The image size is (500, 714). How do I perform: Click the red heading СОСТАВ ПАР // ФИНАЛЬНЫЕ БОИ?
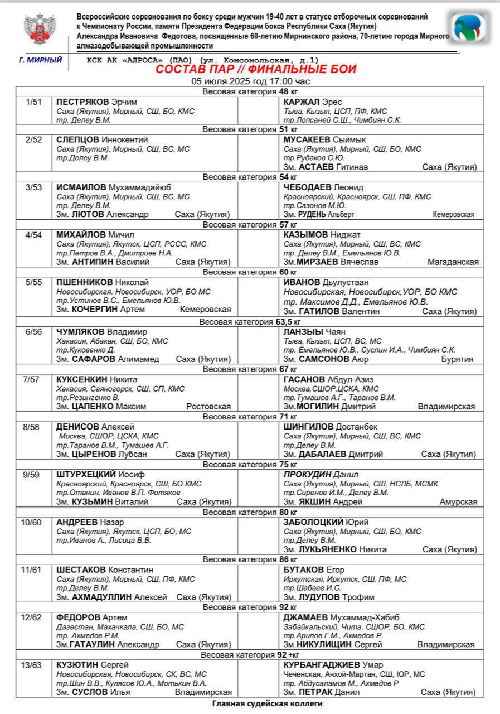256,70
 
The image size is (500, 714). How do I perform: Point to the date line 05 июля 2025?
250,81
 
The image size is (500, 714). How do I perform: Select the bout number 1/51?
34,102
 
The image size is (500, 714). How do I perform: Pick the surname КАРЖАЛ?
302,102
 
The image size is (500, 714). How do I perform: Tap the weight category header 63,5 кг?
250,322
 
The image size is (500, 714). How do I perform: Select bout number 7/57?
34,379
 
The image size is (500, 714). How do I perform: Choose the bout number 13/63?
34,664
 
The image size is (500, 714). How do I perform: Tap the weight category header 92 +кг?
250,654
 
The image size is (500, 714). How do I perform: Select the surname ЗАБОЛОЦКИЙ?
312,522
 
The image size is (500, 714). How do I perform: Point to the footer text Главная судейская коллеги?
267,703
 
